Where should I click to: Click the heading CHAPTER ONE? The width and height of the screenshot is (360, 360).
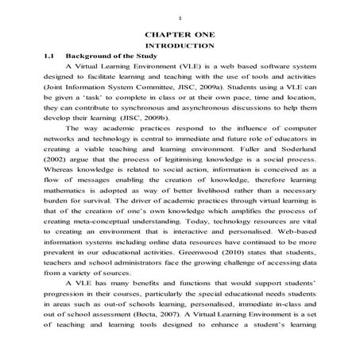click(180, 37)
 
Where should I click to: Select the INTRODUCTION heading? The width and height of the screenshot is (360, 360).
click(180, 48)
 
